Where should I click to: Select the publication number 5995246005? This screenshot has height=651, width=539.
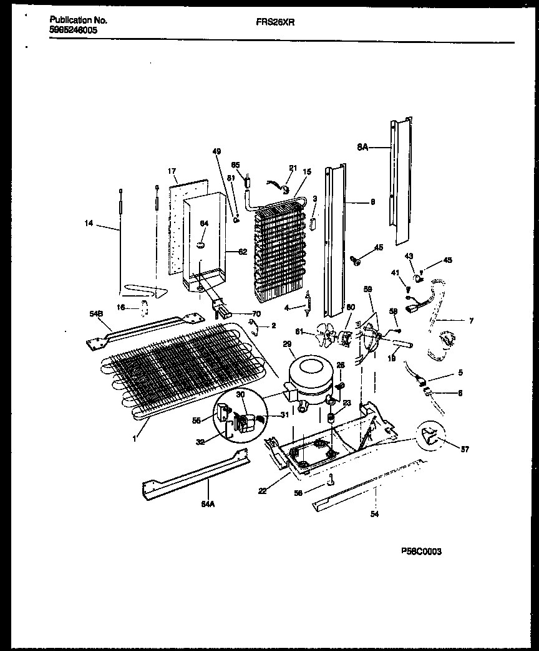[x=73, y=29]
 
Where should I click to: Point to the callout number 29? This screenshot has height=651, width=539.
[x=288, y=344]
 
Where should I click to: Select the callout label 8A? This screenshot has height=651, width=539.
[x=362, y=148]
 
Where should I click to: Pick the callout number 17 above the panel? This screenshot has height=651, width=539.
[x=173, y=171]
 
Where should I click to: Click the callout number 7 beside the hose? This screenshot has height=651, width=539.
[x=471, y=321]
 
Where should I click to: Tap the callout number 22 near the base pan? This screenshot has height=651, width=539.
[x=263, y=490]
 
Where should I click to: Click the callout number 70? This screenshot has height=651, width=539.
[x=256, y=313]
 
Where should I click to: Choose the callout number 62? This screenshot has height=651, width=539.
[x=242, y=252]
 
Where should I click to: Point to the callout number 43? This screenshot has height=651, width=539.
[x=409, y=257]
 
